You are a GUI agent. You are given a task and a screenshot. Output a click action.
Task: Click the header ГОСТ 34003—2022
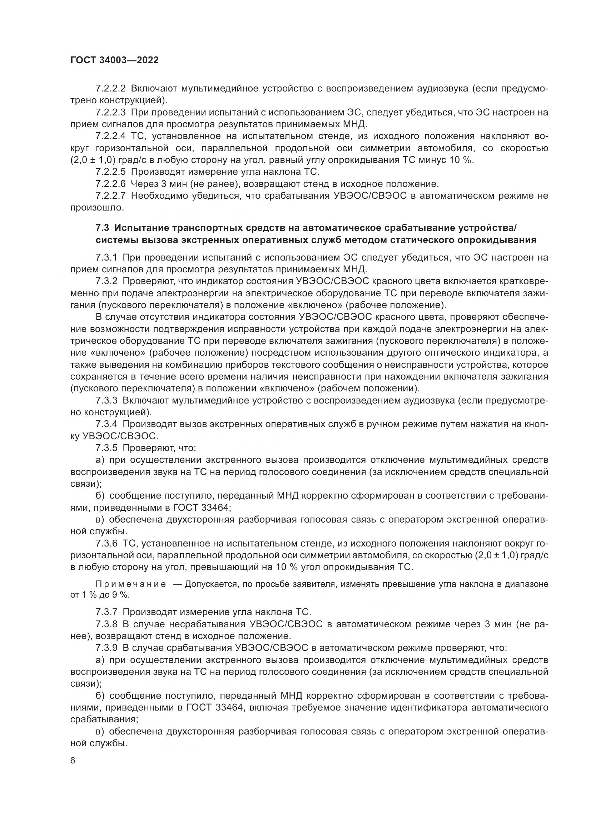[114, 60]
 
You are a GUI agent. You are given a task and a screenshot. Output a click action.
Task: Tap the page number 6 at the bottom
[73, 760]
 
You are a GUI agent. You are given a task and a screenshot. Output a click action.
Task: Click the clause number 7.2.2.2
[111, 89]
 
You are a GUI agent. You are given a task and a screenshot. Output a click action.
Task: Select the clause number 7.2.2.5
[111, 172]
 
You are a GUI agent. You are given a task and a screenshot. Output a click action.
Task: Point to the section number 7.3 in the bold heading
[102, 228]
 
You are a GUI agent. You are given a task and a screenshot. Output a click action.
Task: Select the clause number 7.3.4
[106, 424]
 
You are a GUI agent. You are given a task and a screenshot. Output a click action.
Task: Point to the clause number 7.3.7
[106, 612]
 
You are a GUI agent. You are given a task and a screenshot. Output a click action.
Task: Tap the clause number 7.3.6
[106, 544]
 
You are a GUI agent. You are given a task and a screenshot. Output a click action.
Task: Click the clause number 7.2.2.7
[111, 196]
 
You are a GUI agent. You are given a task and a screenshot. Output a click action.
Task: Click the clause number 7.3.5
[106, 448]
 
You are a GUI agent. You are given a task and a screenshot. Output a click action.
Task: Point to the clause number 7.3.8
[106, 624]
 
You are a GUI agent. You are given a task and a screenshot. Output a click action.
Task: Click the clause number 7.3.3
[106, 401]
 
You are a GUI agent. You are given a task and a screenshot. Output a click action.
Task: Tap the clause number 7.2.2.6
[111, 184]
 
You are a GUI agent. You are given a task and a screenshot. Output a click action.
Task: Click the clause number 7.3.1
[106, 257]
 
